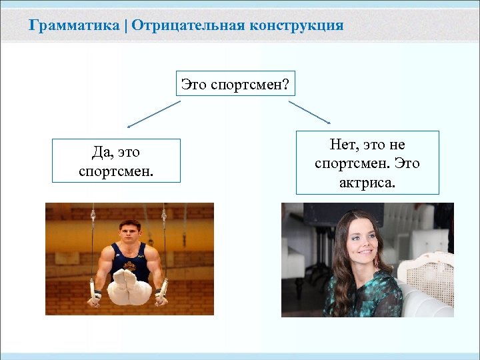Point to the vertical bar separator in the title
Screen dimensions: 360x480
(126, 26)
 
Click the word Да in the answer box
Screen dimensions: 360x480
(88, 153)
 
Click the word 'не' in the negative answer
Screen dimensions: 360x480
(397, 145)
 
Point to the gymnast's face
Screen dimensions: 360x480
(129, 233)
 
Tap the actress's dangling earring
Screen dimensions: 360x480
(376, 262)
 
